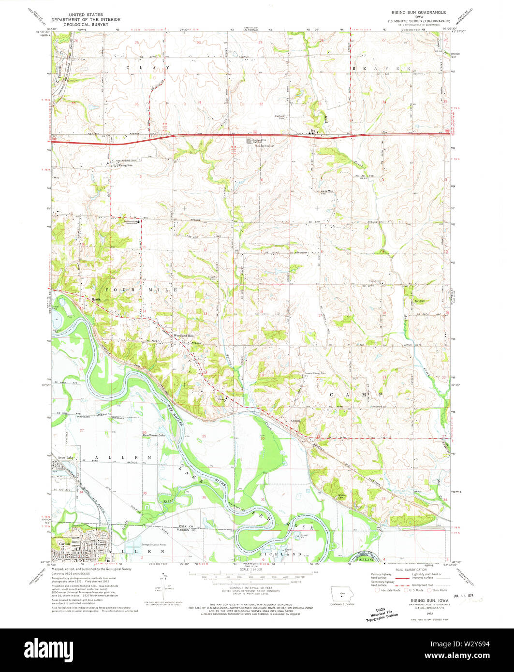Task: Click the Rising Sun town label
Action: coord(126,165)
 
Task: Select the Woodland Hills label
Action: coord(183,336)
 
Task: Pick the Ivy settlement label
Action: coord(312,130)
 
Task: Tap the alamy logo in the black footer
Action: coord(257,649)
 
